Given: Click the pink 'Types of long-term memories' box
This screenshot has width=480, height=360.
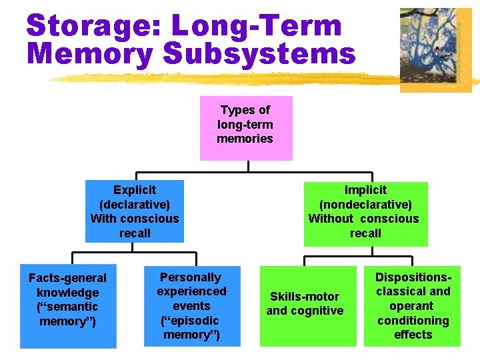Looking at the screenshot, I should [x=246, y=128].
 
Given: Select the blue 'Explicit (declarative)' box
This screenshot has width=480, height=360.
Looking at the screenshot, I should [x=134, y=211].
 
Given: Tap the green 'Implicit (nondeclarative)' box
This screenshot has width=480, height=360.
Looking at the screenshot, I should [x=365, y=213].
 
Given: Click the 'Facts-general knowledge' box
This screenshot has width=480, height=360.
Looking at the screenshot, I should [x=67, y=307].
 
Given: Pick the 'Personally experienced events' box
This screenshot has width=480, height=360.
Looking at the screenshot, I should [x=191, y=306].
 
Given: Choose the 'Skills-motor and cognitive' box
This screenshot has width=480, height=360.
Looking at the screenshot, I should [x=305, y=305].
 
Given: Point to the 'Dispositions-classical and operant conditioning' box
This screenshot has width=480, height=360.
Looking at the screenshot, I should [x=412, y=306].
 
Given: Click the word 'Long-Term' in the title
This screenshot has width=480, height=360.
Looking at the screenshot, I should [x=257, y=26].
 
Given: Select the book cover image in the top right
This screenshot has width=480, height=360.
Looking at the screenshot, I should [x=435, y=49].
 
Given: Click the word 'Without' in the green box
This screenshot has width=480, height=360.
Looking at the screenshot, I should [x=331, y=219].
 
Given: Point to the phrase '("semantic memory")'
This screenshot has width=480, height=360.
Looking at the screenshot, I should [x=68, y=314].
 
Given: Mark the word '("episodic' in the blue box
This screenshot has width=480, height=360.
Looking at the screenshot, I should [x=190, y=321].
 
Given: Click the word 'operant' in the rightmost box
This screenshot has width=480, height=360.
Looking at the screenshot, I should [x=413, y=306].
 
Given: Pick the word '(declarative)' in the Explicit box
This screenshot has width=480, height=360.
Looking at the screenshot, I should [x=134, y=204].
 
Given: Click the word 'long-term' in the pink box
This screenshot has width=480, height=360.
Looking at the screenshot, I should [x=245, y=124].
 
